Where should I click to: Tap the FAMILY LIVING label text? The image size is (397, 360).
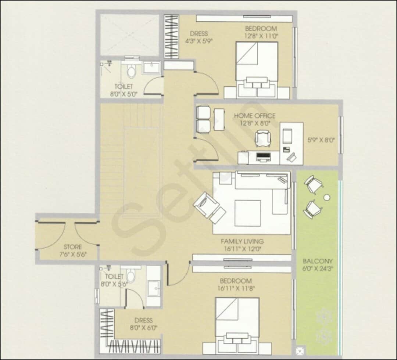[242, 241]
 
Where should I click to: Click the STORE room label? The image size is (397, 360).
[72, 247]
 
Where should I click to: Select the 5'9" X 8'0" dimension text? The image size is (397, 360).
[321, 140]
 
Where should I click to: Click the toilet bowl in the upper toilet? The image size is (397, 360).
[130, 71]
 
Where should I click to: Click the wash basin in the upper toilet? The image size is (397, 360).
[151, 69]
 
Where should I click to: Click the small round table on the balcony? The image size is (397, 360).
[326, 198]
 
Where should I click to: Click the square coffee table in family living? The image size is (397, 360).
[248, 213]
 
